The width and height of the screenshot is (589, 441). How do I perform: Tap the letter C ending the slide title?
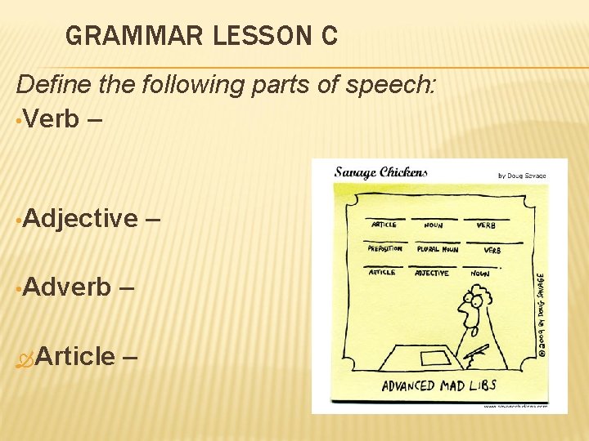[x=328, y=37]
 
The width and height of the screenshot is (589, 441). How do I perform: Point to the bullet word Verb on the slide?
[x=52, y=118]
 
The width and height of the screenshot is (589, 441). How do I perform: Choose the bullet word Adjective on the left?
[x=81, y=218]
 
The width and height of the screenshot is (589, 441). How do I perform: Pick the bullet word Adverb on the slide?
[x=68, y=287]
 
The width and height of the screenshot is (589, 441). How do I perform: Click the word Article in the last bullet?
[x=74, y=356]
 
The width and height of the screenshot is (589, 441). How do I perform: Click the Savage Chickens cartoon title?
[x=380, y=172]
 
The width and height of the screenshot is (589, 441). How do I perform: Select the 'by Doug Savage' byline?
[x=521, y=176]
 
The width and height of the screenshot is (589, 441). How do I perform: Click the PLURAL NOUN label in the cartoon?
[x=438, y=249]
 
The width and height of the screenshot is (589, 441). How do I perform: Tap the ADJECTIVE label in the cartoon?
[x=432, y=273]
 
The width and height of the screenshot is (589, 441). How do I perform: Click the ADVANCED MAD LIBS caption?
[x=438, y=385]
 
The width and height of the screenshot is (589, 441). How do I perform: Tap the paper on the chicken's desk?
[x=434, y=358]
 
